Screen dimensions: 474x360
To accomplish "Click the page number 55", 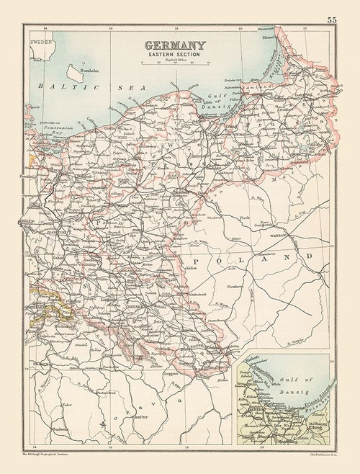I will (330, 19).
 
